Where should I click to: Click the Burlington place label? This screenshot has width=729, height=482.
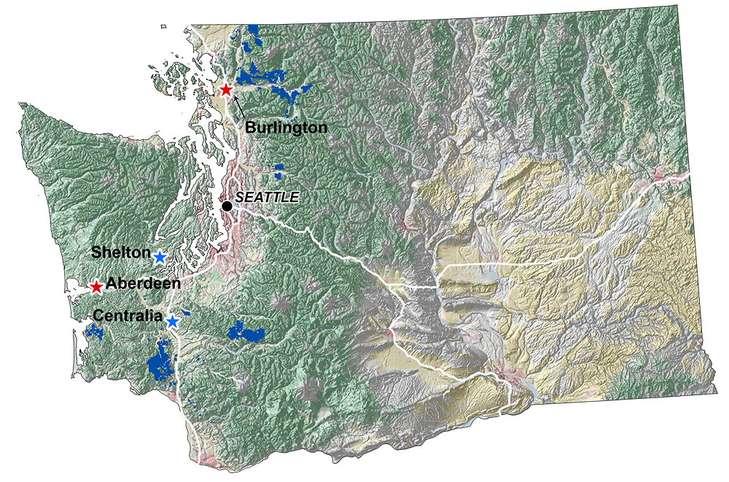point(286,127)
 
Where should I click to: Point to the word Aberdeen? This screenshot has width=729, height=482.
point(143,283)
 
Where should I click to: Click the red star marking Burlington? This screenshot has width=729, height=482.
point(226,90)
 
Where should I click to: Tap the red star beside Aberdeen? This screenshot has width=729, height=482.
point(96,287)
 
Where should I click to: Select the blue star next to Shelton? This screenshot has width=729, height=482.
point(160,256)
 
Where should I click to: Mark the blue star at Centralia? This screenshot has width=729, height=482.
point(173,321)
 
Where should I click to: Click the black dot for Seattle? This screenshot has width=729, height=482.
point(227,206)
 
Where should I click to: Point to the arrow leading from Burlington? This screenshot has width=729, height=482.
point(239,109)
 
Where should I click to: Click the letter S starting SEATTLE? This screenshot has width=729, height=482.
point(239,197)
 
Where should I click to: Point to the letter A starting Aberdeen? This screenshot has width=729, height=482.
point(112,283)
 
